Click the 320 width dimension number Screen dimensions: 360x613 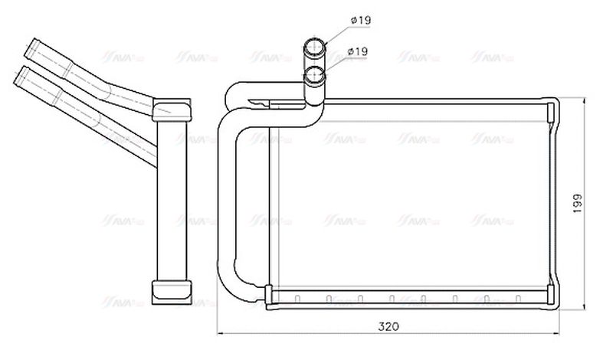coord(388,326)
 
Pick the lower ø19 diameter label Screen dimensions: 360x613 coord(359,51)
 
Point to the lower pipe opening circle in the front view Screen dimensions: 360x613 coord(315,75)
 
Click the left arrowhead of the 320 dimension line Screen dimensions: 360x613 coord(222,334)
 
